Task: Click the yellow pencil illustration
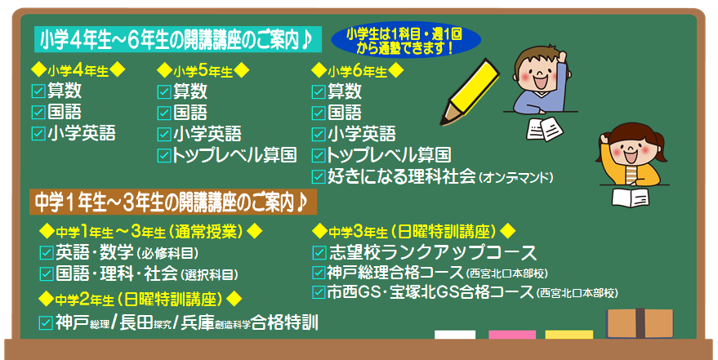[x=469, y=91]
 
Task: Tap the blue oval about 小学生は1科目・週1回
[x=406, y=40]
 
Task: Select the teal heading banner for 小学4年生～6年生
[x=178, y=40]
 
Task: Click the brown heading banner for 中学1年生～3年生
[x=173, y=202]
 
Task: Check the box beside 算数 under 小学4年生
[x=38, y=91]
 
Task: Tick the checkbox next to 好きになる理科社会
[x=319, y=176]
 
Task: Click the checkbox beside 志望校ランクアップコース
[x=319, y=252]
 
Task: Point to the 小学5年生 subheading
[x=203, y=71]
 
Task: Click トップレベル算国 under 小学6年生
[x=389, y=155]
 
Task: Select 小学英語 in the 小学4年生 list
[x=82, y=133]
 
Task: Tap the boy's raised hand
[x=561, y=58]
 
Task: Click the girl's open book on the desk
[x=631, y=198]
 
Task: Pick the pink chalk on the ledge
[x=512, y=335]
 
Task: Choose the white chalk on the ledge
[x=455, y=335]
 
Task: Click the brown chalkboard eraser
[x=640, y=323]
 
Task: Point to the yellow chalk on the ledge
[x=569, y=335]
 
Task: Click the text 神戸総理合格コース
[x=395, y=273]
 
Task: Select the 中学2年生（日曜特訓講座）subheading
[x=140, y=299]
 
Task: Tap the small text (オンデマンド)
[x=515, y=177]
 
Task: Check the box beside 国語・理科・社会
[x=47, y=273]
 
